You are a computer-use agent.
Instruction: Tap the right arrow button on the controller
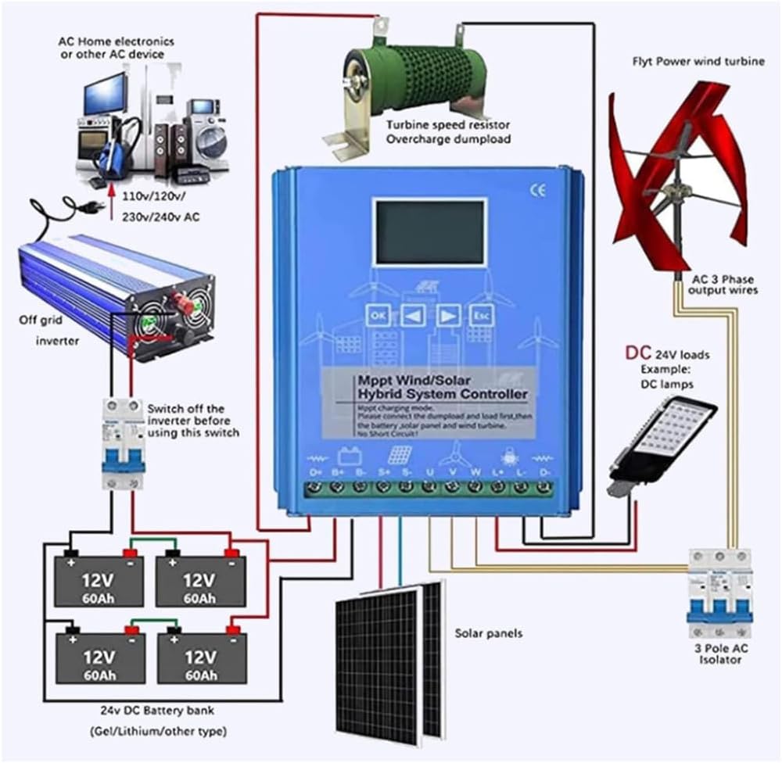pos(447,315)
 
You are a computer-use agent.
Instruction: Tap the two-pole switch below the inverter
pos(124,446)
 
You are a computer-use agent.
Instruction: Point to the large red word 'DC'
pos(637,353)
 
